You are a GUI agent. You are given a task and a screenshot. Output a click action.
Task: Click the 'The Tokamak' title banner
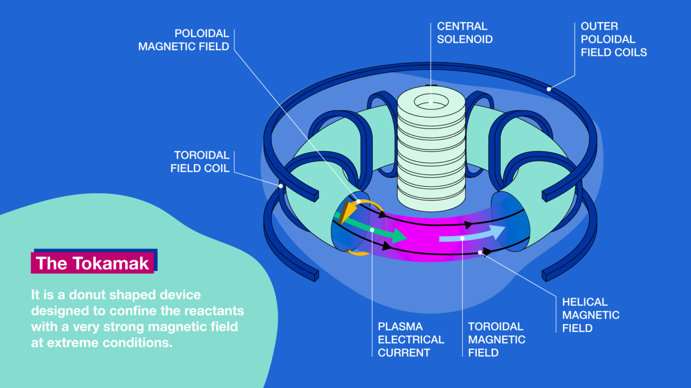pos(93,263)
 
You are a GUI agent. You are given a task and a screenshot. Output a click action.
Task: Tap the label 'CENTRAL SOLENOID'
pos(464,33)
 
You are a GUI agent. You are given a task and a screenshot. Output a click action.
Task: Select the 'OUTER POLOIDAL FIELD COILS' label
pos(613,40)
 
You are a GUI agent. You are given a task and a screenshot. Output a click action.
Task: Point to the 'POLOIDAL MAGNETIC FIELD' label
pos(184,40)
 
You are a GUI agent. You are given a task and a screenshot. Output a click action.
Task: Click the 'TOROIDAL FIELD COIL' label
pos(200,162)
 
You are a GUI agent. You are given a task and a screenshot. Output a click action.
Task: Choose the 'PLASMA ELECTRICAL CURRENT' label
pos(410,339)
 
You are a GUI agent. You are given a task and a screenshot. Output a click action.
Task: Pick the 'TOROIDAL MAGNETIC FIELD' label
pos(496,339)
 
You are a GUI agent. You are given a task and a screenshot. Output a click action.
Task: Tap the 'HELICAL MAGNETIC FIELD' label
pos(590,315)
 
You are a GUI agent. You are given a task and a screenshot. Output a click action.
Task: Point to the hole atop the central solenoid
pos(431,102)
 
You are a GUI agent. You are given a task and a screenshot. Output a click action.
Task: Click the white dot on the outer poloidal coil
pos(549,89)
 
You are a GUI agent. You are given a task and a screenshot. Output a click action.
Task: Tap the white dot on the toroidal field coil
pos(281,186)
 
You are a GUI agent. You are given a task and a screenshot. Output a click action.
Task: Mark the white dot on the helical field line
pos(480,252)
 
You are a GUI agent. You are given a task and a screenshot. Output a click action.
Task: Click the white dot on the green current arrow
pos(372,230)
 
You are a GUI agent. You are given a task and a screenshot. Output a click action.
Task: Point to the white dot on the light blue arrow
pos(462,238)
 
